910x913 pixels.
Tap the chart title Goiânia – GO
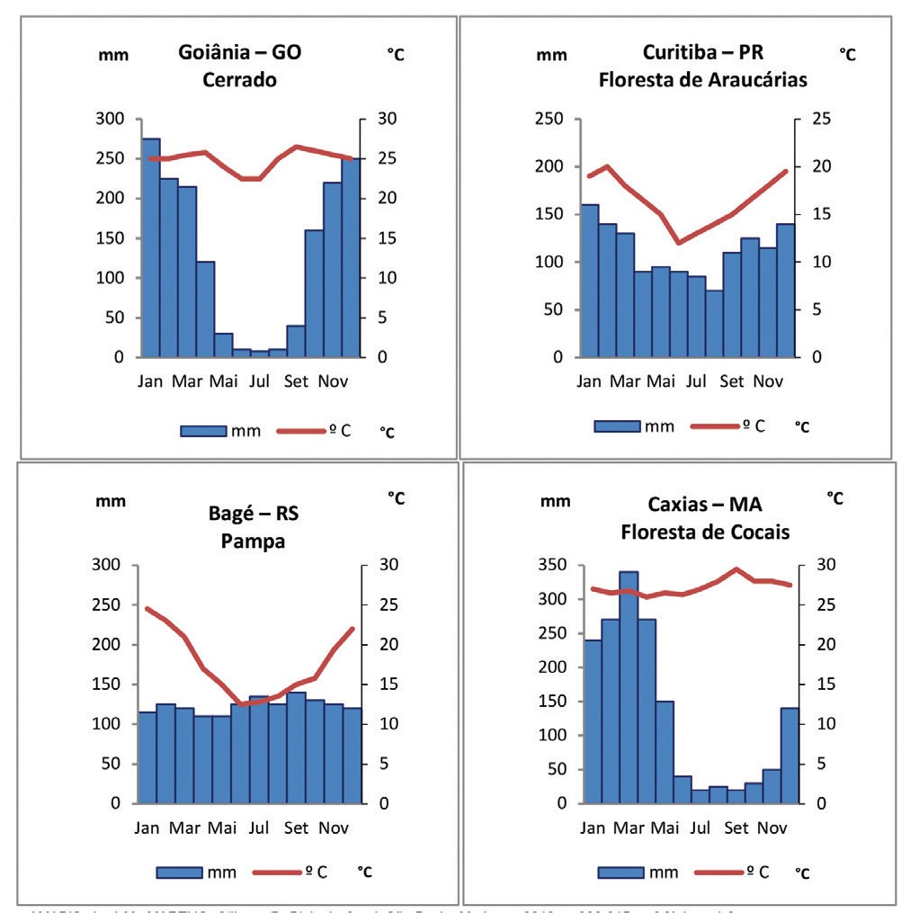tap(239, 52)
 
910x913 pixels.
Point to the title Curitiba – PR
tap(702, 51)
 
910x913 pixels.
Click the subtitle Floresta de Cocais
tap(705, 532)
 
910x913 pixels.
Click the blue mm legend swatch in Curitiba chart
tap(616, 425)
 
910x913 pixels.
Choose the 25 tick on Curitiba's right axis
tap(818, 119)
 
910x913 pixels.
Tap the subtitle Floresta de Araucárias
tap(702, 79)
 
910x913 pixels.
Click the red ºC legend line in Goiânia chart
tap(299, 431)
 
